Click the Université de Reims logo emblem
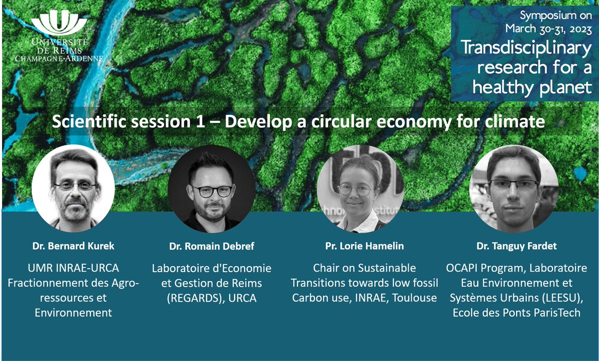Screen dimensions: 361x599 pyautogui.click(x=59, y=23)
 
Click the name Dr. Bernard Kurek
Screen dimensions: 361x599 pyautogui.click(x=73, y=246)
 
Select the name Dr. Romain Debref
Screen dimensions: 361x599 pyautogui.click(x=212, y=246)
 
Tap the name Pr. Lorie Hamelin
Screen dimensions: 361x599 pyautogui.click(x=364, y=246)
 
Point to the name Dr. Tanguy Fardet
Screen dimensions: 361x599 pyautogui.click(x=517, y=246)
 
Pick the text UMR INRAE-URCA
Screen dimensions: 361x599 pyautogui.click(x=73, y=269)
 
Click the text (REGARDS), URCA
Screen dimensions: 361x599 pyautogui.click(x=212, y=298)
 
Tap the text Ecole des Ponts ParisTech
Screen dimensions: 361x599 pyautogui.click(x=516, y=313)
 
